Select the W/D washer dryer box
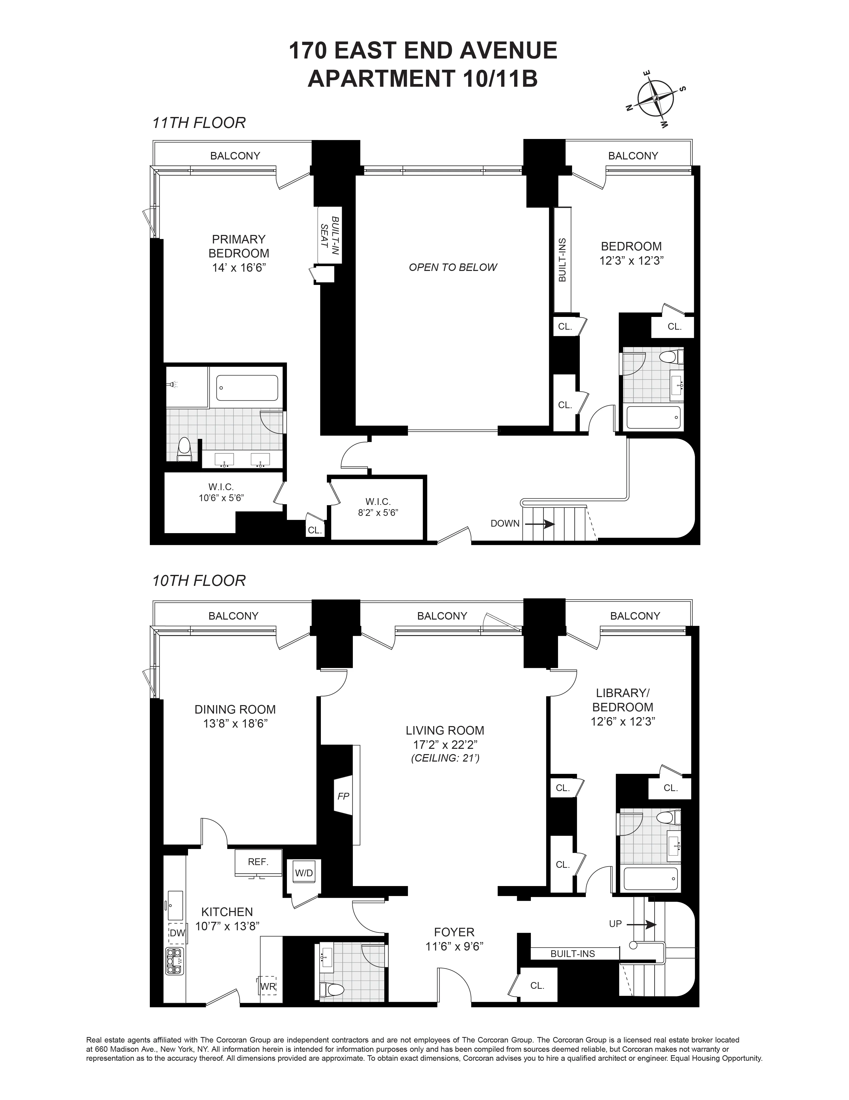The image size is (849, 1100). click(x=304, y=873)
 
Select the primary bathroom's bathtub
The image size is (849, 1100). click(x=247, y=388)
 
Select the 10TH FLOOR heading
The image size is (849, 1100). click(x=199, y=581)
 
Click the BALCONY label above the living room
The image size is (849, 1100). click(x=442, y=615)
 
